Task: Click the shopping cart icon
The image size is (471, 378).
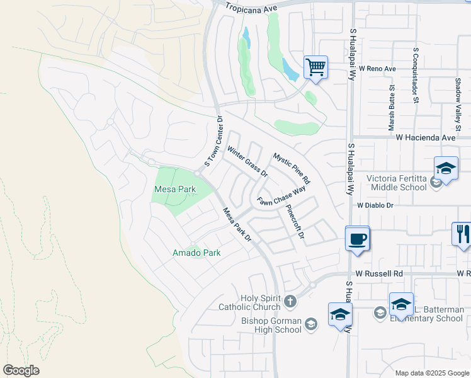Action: pyautogui.click(x=315, y=66)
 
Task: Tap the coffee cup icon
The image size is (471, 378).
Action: pyautogui.click(x=357, y=239)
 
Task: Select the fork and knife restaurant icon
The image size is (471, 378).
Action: pyautogui.click(x=462, y=234)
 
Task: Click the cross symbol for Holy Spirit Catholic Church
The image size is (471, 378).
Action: pyautogui.click(x=290, y=302)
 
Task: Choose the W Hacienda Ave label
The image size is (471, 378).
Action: pyautogui.click(x=425, y=137)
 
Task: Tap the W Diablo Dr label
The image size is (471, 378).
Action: pyautogui.click(x=375, y=205)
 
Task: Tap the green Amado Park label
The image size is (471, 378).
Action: pyautogui.click(x=196, y=253)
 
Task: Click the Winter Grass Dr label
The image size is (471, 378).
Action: pyautogui.click(x=247, y=162)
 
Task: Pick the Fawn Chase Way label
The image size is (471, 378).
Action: pyautogui.click(x=281, y=196)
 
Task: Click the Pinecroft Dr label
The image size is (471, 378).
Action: pyautogui.click(x=295, y=222)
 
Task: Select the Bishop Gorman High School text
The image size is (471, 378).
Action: pyautogui.click(x=271, y=324)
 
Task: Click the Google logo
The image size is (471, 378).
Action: pyautogui.click(x=21, y=370)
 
